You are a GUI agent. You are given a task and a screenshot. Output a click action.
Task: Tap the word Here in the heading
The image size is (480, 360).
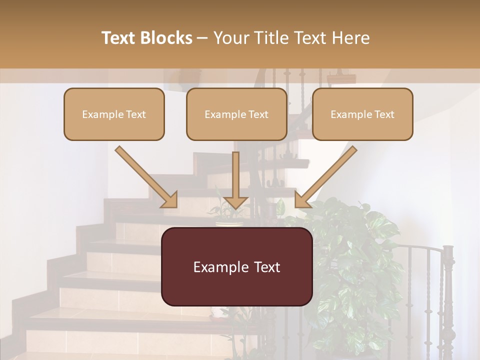point(350,38)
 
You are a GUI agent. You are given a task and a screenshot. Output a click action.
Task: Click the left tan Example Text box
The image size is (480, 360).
point(114,114)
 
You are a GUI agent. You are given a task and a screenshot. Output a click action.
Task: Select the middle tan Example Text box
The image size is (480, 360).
point(236,114)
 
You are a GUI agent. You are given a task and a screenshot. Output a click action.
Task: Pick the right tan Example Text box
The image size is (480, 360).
point(362,114)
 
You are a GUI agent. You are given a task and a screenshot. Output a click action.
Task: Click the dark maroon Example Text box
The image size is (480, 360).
point(236,267)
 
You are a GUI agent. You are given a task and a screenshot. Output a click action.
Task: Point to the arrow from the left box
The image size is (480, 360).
point(145,176)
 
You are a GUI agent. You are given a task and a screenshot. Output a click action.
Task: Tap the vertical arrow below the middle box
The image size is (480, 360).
point(235,180)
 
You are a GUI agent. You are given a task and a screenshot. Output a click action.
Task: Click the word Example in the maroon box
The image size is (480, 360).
point(218,267)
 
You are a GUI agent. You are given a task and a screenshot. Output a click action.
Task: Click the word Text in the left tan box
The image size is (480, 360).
point(136,114)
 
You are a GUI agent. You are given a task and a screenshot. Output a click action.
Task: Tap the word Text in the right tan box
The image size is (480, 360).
point(384,114)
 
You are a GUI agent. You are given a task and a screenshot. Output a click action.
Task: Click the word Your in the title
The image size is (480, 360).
point(229,38)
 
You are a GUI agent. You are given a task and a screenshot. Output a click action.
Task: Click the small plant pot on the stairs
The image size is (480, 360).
point(229,223)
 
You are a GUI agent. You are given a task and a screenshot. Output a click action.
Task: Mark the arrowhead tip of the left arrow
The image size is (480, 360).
point(176,206)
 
